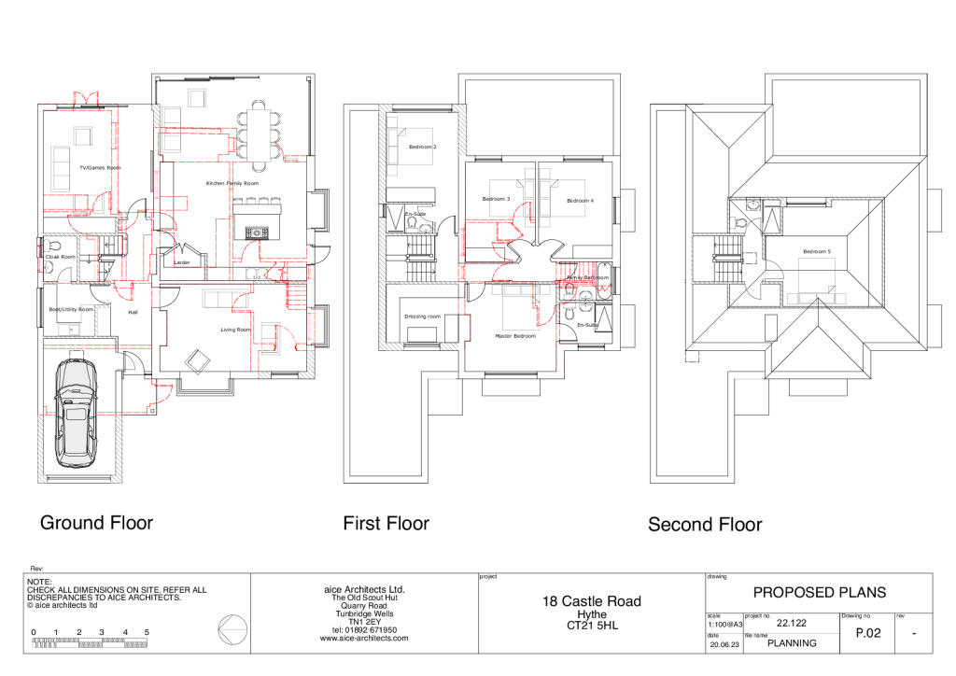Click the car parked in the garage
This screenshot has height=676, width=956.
click(x=76, y=413)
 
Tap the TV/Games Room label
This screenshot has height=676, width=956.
click(x=101, y=168)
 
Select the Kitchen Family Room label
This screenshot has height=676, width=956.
click(x=232, y=184)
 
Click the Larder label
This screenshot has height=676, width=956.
click(x=182, y=263)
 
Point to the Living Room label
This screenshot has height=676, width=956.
click(x=235, y=330)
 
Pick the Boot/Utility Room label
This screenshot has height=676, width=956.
click(x=72, y=309)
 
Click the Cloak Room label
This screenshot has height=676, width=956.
click(x=60, y=256)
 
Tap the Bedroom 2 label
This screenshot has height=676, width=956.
click(x=423, y=148)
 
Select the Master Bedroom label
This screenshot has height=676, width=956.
click(x=515, y=336)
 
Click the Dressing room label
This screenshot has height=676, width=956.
click(x=422, y=317)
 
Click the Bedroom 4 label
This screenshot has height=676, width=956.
click(x=579, y=201)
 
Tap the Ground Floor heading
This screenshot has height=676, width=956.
click(x=96, y=522)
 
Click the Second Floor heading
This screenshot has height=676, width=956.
click(x=705, y=525)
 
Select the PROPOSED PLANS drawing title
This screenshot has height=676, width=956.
click(x=819, y=592)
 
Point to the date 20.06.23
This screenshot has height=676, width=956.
click(x=723, y=644)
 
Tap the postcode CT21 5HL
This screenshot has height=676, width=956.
click(x=592, y=626)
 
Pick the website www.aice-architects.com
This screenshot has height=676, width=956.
click(x=364, y=639)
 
